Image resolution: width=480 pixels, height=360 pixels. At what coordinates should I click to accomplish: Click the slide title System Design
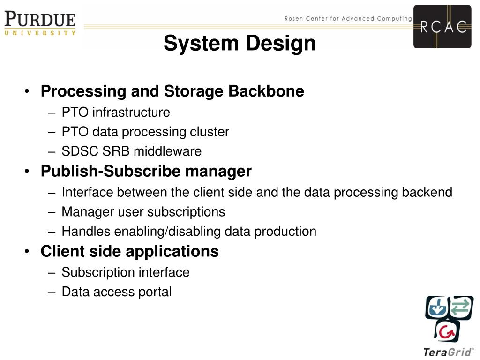tap(240, 44)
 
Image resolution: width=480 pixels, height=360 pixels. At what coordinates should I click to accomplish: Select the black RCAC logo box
tap(442, 27)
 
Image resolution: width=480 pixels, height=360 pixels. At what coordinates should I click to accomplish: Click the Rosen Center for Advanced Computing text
tap(348, 19)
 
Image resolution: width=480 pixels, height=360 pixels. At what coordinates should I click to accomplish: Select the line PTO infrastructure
tap(115, 112)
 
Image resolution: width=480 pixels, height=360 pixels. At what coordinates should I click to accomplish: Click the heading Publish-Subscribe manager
tap(146, 172)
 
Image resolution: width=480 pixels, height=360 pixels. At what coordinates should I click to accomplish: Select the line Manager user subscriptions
tap(143, 212)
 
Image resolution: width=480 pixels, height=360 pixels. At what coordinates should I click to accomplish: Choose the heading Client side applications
tap(129, 252)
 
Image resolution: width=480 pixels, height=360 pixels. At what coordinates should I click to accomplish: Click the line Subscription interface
tap(125, 272)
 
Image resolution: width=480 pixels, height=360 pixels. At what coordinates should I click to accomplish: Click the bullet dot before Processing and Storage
tap(29, 91)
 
